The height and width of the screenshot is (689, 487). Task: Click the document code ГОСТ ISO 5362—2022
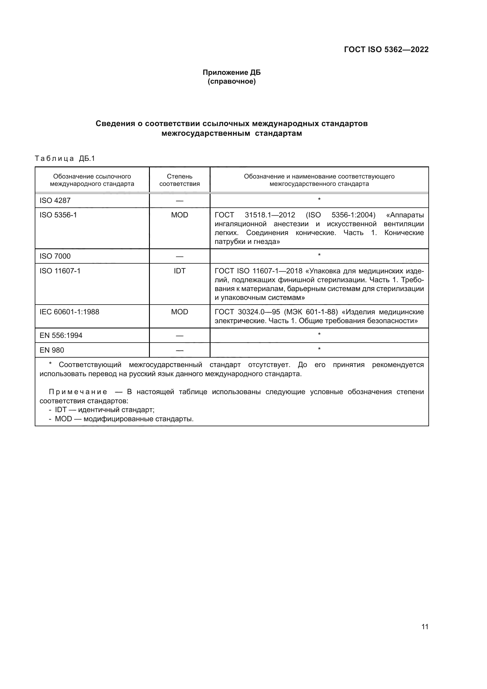(386, 49)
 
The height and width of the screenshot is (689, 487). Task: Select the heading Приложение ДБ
(231, 72)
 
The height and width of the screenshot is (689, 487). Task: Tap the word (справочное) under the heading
(231, 81)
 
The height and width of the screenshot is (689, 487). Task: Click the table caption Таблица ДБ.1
(65, 158)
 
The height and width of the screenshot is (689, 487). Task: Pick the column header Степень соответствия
(179, 180)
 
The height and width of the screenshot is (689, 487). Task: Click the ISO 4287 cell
(55, 201)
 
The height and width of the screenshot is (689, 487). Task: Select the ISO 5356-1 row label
(58, 215)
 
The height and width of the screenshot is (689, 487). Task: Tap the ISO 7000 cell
(55, 256)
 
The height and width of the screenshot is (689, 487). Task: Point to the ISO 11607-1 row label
(60, 271)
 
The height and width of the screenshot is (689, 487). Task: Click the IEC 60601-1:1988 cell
(69, 312)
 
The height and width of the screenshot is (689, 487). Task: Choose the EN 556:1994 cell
(61, 335)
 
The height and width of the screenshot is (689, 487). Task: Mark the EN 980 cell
(52, 350)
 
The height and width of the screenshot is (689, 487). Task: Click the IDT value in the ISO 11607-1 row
(179, 271)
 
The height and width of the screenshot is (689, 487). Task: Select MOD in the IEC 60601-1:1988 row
(179, 312)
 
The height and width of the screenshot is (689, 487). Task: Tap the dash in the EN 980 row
(179, 350)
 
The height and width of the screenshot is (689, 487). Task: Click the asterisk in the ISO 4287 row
(319, 199)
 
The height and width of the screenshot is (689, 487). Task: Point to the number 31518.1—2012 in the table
(270, 215)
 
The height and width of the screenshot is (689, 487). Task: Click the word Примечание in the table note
(78, 391)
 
